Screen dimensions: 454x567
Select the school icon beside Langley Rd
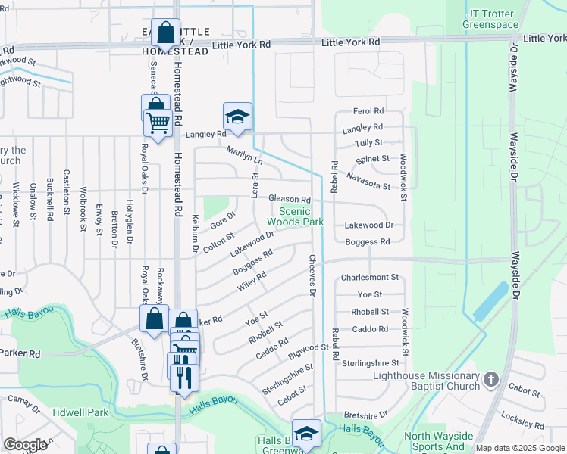[x=237, y=117]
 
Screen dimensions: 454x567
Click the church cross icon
[x=490, y=378]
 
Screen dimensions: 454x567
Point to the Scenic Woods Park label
[x=301, y=216]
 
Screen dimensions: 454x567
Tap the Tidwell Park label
[x=80, y=412]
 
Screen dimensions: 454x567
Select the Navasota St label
[x=368, y=181]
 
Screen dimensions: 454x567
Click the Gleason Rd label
[x=290, y=199]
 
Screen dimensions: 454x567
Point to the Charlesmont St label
[x=370, y=278]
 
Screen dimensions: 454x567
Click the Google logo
[x=25, y=445]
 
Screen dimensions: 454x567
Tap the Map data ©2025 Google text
[x=520, y=448]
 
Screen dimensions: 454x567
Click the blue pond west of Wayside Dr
[x=491, y=301]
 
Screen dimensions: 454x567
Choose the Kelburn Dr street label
[x=195, y=234]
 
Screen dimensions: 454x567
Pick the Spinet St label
[x=373, y=159]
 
